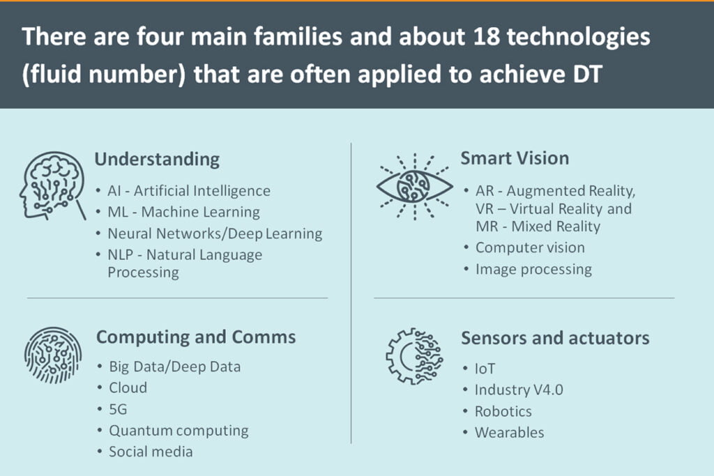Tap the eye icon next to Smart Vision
click(x=414, y=187)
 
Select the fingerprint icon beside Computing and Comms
click(x=53, y=355)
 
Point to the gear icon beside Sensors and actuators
click(x=414, y=356)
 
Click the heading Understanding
click(x=157, y=160)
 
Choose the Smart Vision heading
click(x=515, y=158)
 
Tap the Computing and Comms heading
click(x=196, y=337)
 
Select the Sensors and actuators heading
click(x=555, y=338)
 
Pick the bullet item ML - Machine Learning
click(x=183, y=212)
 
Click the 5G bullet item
click(x=118, y=409)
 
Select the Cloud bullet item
click(x=128, y=387)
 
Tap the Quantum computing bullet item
click(x=178, y=431)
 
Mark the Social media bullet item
click(x=151, y=452)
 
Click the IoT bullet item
click(x=485, y=369)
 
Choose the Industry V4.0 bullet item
click(x=519, y=390)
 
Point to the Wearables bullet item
click(x=509, y=432)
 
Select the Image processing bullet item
click(x=533, y=270)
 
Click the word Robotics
click(x=503, y=411)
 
